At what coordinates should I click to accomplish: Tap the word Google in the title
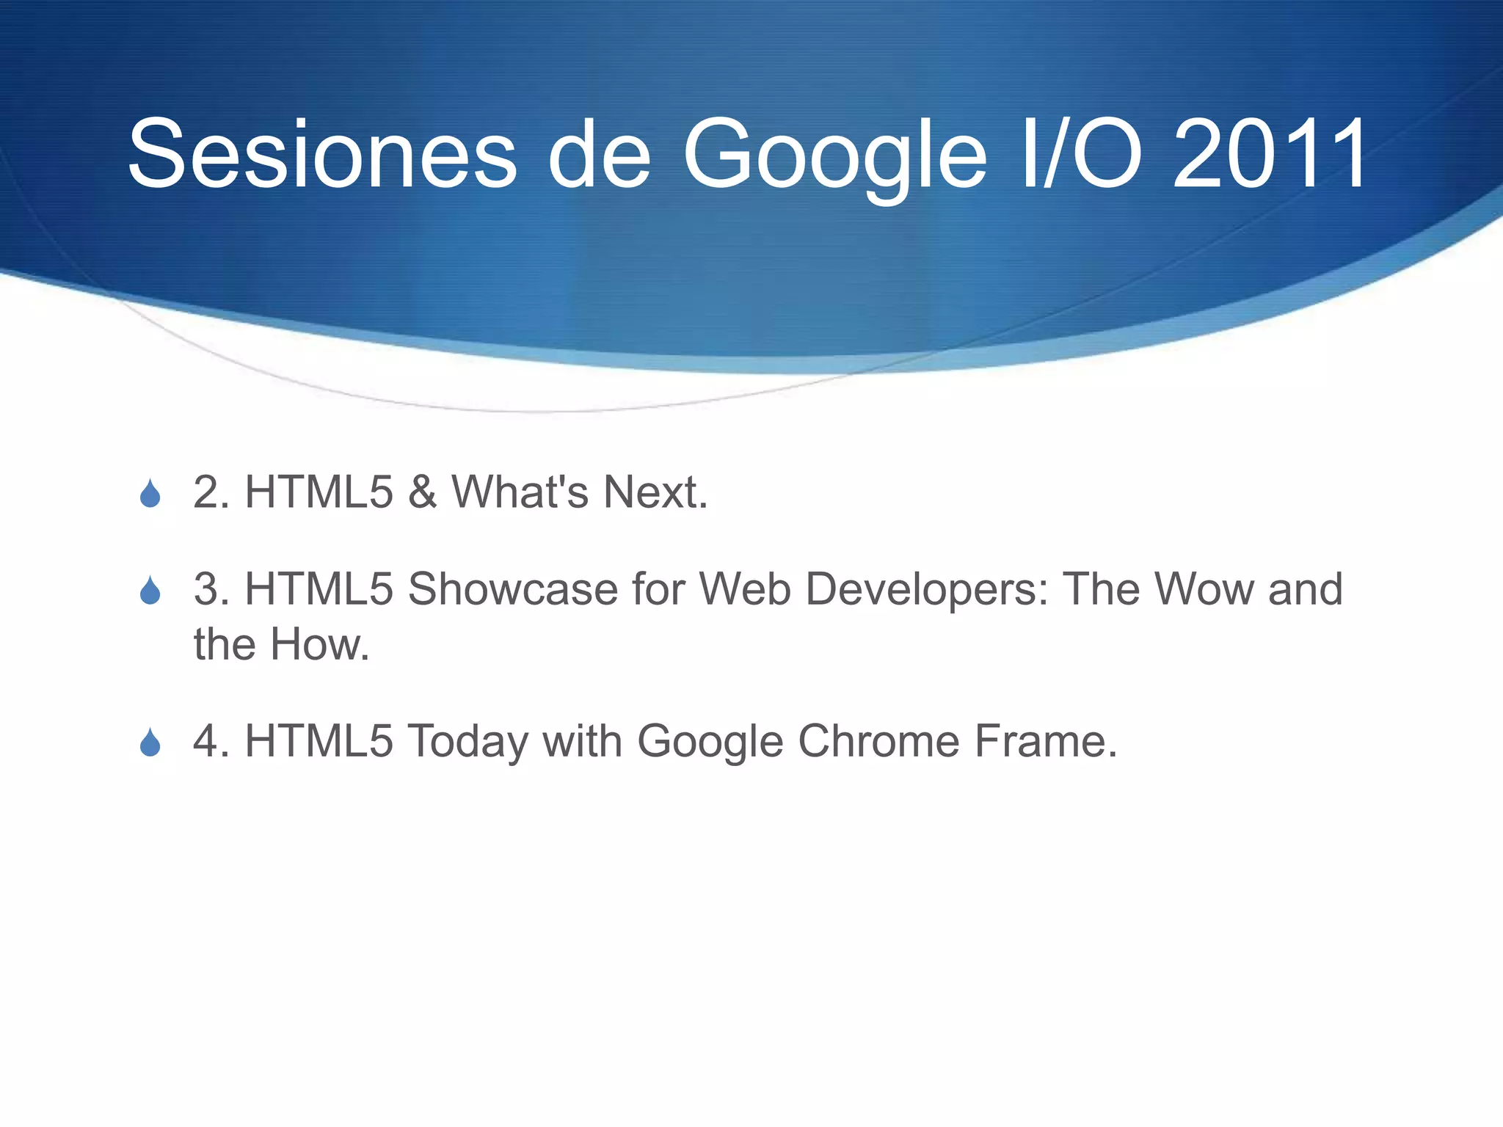point(834,156)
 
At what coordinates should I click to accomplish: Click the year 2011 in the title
point(1270,156)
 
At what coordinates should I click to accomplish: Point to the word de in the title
point(599,156)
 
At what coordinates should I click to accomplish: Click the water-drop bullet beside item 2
point(150,493)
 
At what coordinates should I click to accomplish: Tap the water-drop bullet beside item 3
point(150,590)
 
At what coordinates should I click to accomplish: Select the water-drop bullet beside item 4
point(150,743)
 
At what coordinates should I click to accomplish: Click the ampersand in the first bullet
point(423,492)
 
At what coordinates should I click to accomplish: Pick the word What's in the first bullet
point(520,492)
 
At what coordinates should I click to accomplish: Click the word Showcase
point(512,588)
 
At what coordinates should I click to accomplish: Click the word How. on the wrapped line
point(320,644)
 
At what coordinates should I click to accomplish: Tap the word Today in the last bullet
point(467,741)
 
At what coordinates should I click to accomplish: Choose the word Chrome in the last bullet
point(878,741)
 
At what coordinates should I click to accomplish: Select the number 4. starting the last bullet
point(211,741)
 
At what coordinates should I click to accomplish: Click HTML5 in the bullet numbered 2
point(319,492)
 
